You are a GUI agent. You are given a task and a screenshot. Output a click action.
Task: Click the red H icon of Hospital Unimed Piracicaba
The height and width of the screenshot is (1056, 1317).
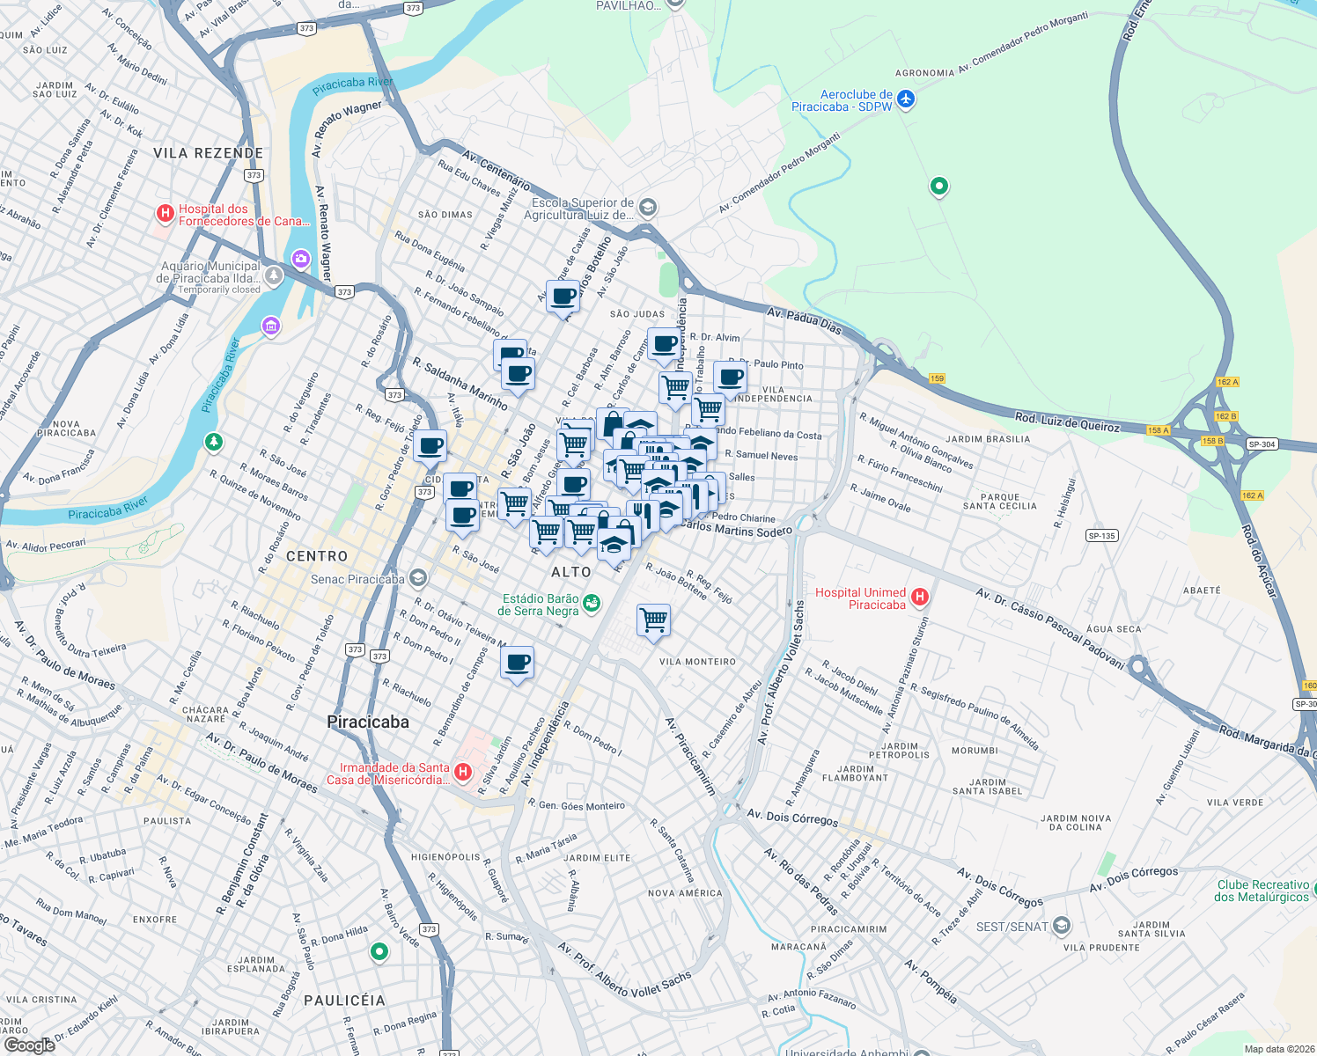(x=920, y=598)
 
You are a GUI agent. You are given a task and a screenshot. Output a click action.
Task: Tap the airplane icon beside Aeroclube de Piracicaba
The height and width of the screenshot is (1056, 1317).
(x=906, y=99)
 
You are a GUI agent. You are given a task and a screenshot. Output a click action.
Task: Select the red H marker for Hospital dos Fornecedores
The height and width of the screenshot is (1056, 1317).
(x=165, y=213)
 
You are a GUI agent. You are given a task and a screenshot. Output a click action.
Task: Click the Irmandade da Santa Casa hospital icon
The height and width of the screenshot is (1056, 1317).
(x=463, y=773)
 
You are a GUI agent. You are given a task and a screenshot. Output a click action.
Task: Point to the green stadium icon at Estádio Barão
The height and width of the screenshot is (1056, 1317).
(x=592, y=603)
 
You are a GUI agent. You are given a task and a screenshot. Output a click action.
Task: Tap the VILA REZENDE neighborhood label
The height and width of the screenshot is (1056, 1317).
(x=208, y=153)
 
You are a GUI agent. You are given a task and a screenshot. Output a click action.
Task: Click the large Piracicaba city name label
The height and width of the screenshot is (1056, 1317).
(x=368, y=722)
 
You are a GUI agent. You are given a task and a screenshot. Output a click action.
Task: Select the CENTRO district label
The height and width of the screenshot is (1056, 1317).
(x=317, y=556)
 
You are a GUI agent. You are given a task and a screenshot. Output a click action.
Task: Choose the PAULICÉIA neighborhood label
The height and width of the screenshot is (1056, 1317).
(x=344, y=1001)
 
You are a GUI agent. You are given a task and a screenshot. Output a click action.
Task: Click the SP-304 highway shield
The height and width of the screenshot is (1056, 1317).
(x=1262, y=444)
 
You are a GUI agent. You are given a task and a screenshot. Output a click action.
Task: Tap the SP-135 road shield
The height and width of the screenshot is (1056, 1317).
(x=1101, y=535)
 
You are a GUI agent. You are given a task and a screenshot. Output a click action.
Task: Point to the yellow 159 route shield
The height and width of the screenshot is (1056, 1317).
(x=937, y=378)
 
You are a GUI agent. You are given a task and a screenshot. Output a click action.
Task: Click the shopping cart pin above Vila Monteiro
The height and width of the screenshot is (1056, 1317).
(x=653, y=620)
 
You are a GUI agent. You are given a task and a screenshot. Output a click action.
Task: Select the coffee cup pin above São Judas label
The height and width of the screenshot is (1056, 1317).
(x=563, y=297)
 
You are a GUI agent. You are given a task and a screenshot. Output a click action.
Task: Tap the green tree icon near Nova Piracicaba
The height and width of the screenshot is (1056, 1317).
(x=213, y=441)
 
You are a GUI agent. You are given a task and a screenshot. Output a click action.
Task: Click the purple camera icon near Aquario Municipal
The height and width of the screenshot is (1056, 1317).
(x=301, y=259)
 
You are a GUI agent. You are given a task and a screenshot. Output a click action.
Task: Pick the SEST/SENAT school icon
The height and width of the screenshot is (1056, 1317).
(x=1062, y=926)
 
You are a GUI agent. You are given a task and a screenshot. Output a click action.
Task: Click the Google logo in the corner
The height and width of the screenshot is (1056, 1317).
(x=29, y=1045)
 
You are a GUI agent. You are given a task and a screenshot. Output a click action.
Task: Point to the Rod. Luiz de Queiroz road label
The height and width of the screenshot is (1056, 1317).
(x=1067, y=422)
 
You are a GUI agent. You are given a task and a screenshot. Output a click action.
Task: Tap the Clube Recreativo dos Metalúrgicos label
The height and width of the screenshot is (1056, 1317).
(x=1262, y=891)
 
